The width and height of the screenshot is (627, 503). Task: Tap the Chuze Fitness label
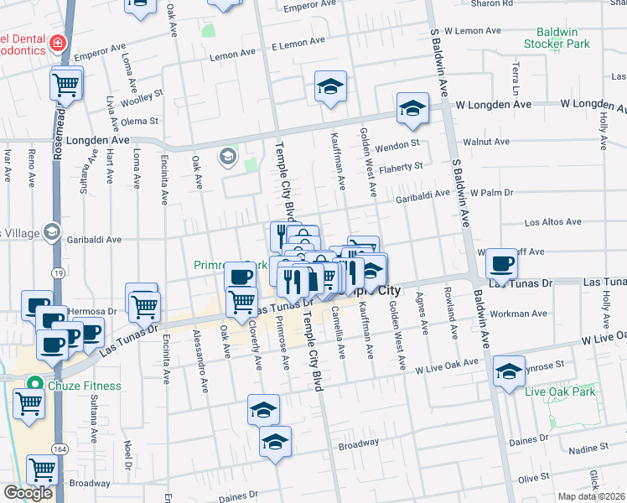84,386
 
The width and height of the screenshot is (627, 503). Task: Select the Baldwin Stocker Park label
557,37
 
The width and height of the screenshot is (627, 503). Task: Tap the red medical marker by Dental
57,41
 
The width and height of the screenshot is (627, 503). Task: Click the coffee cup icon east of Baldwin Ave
501,263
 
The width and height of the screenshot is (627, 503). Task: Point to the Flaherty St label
401,168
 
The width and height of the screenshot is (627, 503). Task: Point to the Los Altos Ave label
552,223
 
